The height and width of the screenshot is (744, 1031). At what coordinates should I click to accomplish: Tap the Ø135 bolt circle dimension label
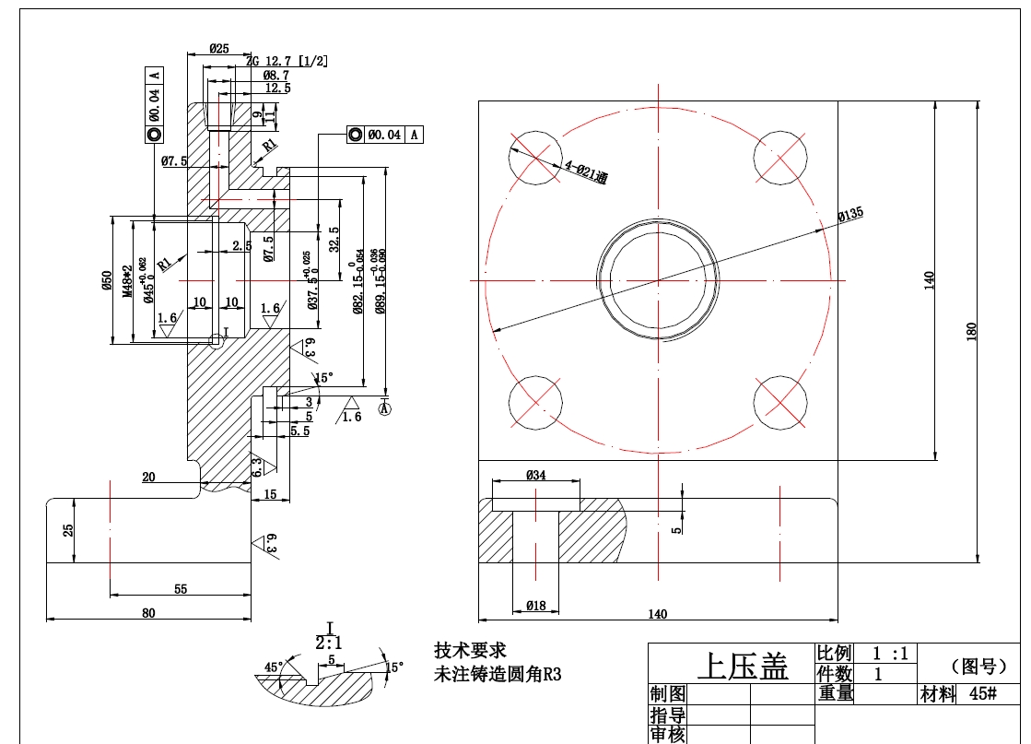point(849,215)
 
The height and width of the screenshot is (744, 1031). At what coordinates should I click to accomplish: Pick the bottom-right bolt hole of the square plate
point(780,402)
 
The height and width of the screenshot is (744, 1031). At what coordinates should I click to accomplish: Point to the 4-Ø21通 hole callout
point(586,172)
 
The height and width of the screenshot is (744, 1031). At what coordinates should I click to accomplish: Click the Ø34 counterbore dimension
point(535,476)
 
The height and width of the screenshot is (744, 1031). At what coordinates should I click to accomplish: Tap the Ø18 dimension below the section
point(535,606)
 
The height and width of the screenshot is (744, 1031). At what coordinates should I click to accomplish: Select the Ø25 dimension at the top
point(218,49)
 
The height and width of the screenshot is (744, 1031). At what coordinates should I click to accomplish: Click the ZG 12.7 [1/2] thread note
point(287,61)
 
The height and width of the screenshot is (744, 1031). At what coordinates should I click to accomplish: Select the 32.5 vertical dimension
point(333,239)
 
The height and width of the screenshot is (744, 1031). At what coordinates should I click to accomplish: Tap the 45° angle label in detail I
point(274,666)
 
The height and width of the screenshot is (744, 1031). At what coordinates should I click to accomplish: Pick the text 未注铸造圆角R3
point(498,674)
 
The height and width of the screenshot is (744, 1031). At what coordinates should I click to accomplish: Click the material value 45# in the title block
point(982,694)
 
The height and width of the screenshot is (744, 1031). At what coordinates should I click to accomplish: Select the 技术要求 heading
point(470,651)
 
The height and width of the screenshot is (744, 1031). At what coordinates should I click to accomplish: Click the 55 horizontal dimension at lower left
point(181,588)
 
